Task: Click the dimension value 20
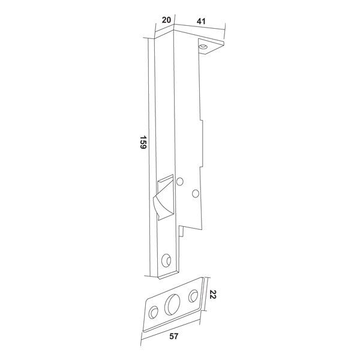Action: coord(166,20)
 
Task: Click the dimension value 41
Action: coord(201,22)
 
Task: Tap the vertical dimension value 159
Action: coord(143,142)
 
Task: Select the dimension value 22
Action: coord(213,295)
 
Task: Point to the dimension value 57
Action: coord(174,337)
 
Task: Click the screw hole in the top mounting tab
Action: coord(203,47)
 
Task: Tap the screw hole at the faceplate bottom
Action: coord(166,260)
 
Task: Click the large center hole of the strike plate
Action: coord(172,304)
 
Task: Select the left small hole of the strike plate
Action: coord(153,312)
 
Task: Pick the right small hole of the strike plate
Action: coord(193,296)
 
